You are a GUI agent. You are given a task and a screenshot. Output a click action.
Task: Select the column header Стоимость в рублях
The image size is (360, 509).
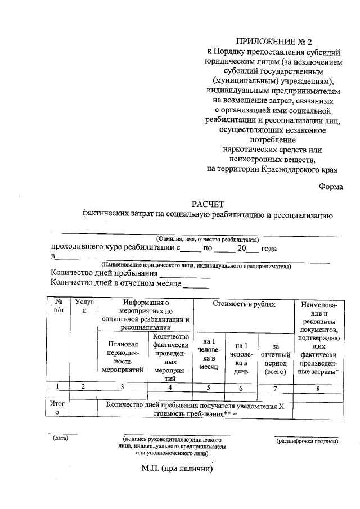(x=244, y=304)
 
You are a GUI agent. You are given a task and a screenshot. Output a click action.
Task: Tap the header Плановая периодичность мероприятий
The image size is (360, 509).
(x=123, y=357)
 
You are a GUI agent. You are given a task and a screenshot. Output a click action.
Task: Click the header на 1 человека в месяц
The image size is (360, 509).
(x=208, y=354)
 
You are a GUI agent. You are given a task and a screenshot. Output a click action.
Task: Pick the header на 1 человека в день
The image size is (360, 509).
(x=241, y=358)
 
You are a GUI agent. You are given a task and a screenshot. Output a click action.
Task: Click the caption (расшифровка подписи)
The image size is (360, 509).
(x=307, y=440)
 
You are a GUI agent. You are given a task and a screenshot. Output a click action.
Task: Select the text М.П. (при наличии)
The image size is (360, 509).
(x=177, y=468)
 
